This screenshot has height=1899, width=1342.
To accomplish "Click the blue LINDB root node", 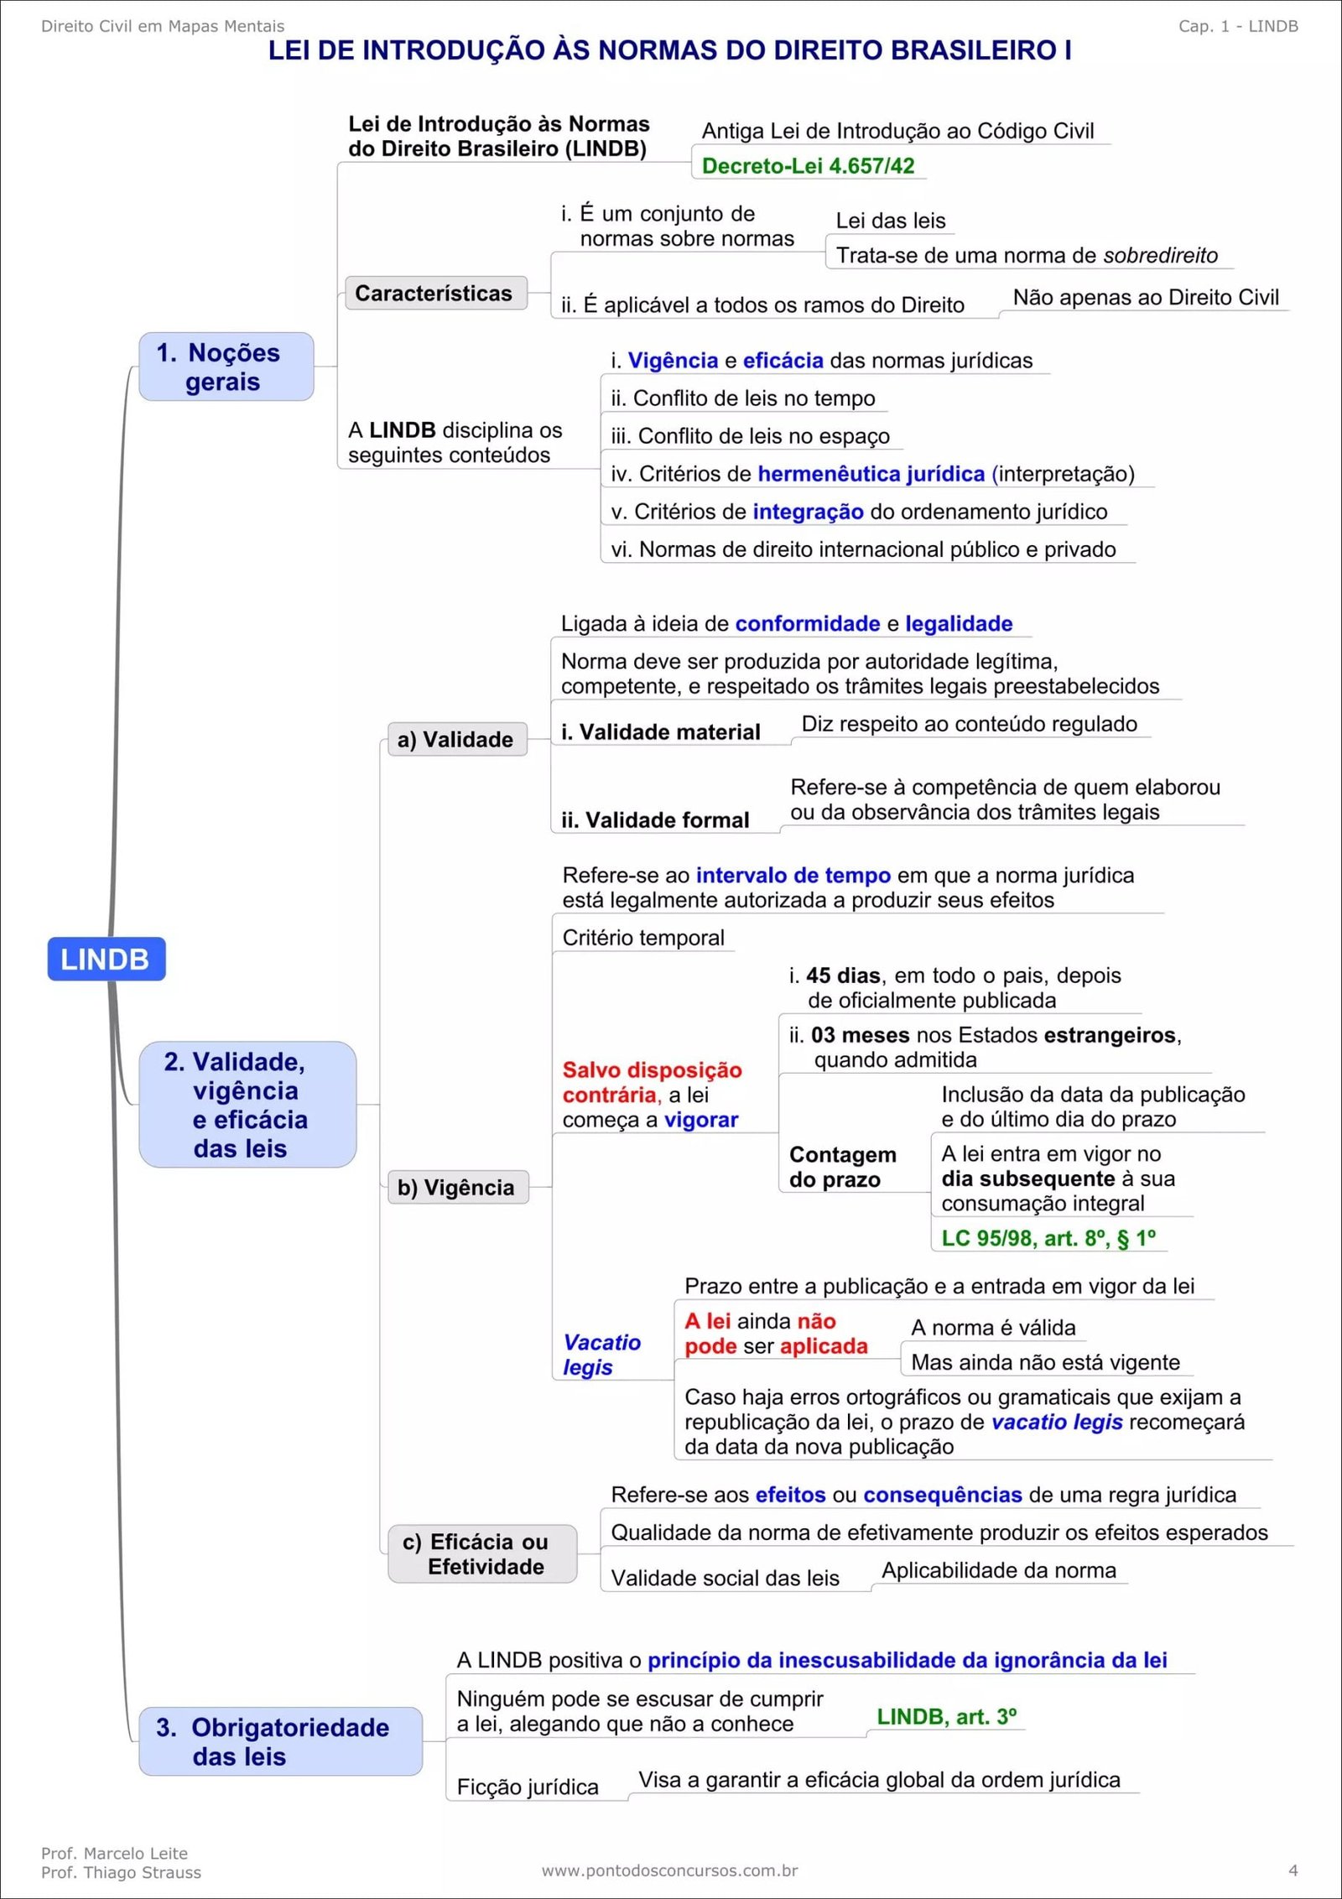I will point(106,959).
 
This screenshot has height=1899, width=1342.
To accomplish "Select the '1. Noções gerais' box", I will point(226,367).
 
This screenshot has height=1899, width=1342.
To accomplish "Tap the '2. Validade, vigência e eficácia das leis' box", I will point(247,1104).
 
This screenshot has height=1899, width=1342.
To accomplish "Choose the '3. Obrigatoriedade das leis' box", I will point(280,1741).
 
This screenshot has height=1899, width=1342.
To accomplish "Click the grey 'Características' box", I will point(435,293).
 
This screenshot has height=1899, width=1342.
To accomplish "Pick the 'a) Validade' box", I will point(456,739).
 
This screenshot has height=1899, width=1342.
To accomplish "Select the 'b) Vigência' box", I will point(457,1187).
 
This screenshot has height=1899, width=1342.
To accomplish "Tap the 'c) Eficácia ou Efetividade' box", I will point(482,1553).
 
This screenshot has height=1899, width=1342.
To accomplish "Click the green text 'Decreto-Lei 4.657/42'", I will point(808,165).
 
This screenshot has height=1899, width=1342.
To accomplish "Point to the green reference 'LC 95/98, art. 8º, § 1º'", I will point(1048,1238).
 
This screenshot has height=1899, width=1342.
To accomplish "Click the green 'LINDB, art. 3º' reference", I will point(946,1716).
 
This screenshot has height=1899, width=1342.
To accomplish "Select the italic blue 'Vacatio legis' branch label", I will point(601,1355).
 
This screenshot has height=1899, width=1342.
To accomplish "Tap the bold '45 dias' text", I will point(842,976).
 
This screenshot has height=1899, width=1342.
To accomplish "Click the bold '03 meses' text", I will point(860,1035).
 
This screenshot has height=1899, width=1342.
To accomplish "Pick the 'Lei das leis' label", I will point(890,221).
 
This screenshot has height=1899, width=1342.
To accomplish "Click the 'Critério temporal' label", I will point(643,938).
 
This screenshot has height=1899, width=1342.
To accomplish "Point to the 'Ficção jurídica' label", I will point(528,1787).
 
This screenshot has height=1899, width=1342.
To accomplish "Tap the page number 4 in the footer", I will point(1293,1870).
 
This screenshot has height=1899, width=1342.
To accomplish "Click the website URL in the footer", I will point(669,1870).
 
